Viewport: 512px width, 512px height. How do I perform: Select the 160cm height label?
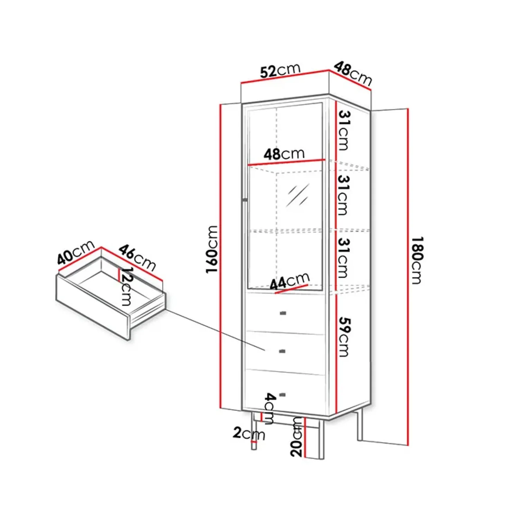click(212, 249)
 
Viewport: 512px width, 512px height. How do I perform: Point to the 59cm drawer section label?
click(344, 336)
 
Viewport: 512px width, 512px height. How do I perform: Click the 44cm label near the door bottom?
click(289, 281)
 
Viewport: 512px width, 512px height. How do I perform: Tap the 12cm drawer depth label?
click(126, 287)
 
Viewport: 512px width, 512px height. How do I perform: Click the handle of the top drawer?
click(283, 313)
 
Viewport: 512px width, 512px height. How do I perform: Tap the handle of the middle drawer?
click(282, 352)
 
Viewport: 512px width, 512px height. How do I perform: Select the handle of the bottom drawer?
click(282, 395)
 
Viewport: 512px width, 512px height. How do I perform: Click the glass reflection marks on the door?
click(297, 195)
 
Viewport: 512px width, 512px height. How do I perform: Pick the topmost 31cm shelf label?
click(344, 130)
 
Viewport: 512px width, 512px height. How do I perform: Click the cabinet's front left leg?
click(255, 432)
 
